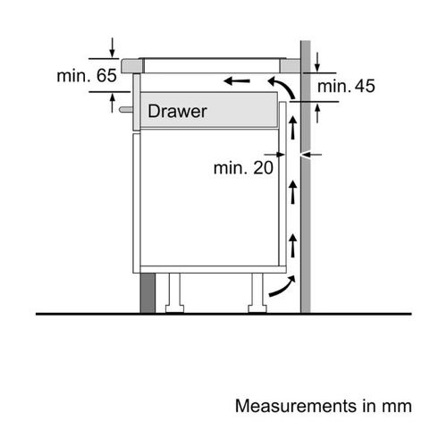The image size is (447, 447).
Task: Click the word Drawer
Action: [177, 112]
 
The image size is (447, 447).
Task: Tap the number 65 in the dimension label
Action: [106, 75]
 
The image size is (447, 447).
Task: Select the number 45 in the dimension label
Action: [365, 86]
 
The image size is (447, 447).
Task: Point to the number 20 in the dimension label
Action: [263, 168]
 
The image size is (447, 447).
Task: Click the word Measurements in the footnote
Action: [296, 406]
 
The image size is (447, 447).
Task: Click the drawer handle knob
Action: [126, 110]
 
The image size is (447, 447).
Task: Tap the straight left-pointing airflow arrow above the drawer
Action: [237, 80]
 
